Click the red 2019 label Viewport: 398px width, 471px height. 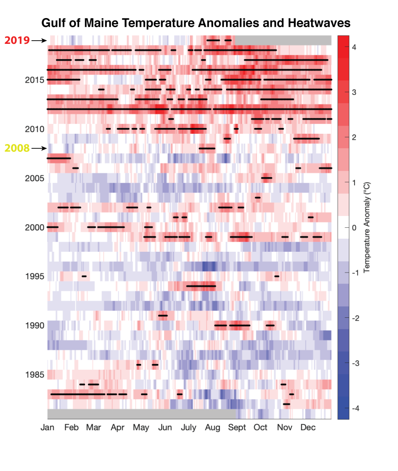click(x=17, y=40)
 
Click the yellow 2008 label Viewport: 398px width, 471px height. click(x=17, y=148)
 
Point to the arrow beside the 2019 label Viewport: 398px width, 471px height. click(x=39, y=40)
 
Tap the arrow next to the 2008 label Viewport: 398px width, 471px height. click(x=39, y=148)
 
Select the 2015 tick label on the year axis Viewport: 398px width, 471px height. click(x=34, y=80)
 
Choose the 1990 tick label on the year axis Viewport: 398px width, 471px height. click(x=34, y=325)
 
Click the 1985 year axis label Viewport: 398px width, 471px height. click(x=34, y=375)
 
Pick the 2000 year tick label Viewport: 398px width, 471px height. click(x=34, y=227)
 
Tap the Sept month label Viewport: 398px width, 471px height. click(x=237, y=428)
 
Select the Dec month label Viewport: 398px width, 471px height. click(x=308, y=428)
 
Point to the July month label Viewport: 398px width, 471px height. click(x=189, y=428)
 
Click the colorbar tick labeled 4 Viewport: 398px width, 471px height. click(x=355, y=47)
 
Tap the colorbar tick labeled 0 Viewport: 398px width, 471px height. click(x=355, y=227)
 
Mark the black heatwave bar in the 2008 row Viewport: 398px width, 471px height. click(x=207, y=148)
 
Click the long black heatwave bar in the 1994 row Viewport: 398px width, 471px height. click(x=201, y=286)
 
